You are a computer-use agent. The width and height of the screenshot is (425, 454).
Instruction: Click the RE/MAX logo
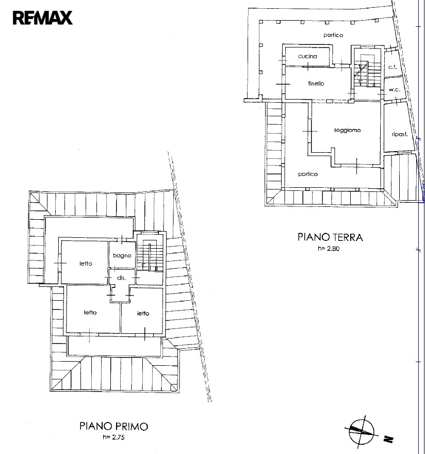pos(43,18)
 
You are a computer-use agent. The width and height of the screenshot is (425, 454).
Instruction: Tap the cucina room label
pos(307,56)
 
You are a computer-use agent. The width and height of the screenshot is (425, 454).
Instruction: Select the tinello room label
pos(316,84)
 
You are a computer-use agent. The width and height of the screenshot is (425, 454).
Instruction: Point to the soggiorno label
pos(347,130)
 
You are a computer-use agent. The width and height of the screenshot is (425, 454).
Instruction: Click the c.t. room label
pos(393,67)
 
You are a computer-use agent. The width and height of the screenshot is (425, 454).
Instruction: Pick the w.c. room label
pos(395,90)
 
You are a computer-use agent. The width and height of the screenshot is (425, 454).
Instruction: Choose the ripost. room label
pos(400,134)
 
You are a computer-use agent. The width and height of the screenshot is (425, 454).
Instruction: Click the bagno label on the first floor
pos(122,256)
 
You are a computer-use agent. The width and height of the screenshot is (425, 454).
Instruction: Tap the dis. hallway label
pos(121,278)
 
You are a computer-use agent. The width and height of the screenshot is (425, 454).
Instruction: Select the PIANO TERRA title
pos(330,237)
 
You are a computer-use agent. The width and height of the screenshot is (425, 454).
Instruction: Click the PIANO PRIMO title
pos(113,426)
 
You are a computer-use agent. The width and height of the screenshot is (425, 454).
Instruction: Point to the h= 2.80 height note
pos(329,249)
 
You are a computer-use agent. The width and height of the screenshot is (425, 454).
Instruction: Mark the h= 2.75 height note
pos(113,437)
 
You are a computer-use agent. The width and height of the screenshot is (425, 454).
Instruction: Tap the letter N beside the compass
pos(388,440)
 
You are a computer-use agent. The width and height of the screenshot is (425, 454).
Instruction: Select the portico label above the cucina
pos(333,35)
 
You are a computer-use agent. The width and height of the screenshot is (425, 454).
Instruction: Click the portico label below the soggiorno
pos(308,174)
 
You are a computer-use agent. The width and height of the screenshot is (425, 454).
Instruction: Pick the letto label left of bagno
pos(86,264)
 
